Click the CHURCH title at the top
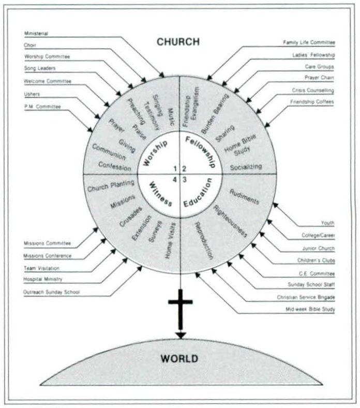(x=178, y=42)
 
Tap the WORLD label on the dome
(x=179, y=358)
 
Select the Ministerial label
(x=36, y=34)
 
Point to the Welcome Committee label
(x=48, y=81)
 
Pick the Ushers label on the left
(x=32, y=94)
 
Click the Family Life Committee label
(x=309, y=42)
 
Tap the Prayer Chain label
(x=319, y=78)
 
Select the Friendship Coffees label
(x=313, y=102)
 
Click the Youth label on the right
(x=327, y=223)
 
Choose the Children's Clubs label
(x=316, y=260)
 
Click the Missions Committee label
(x=48, y=243)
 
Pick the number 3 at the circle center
(x=184, y=180)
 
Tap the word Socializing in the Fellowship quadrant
(x=246, y=167)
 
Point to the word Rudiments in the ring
(x=244, y=197)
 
